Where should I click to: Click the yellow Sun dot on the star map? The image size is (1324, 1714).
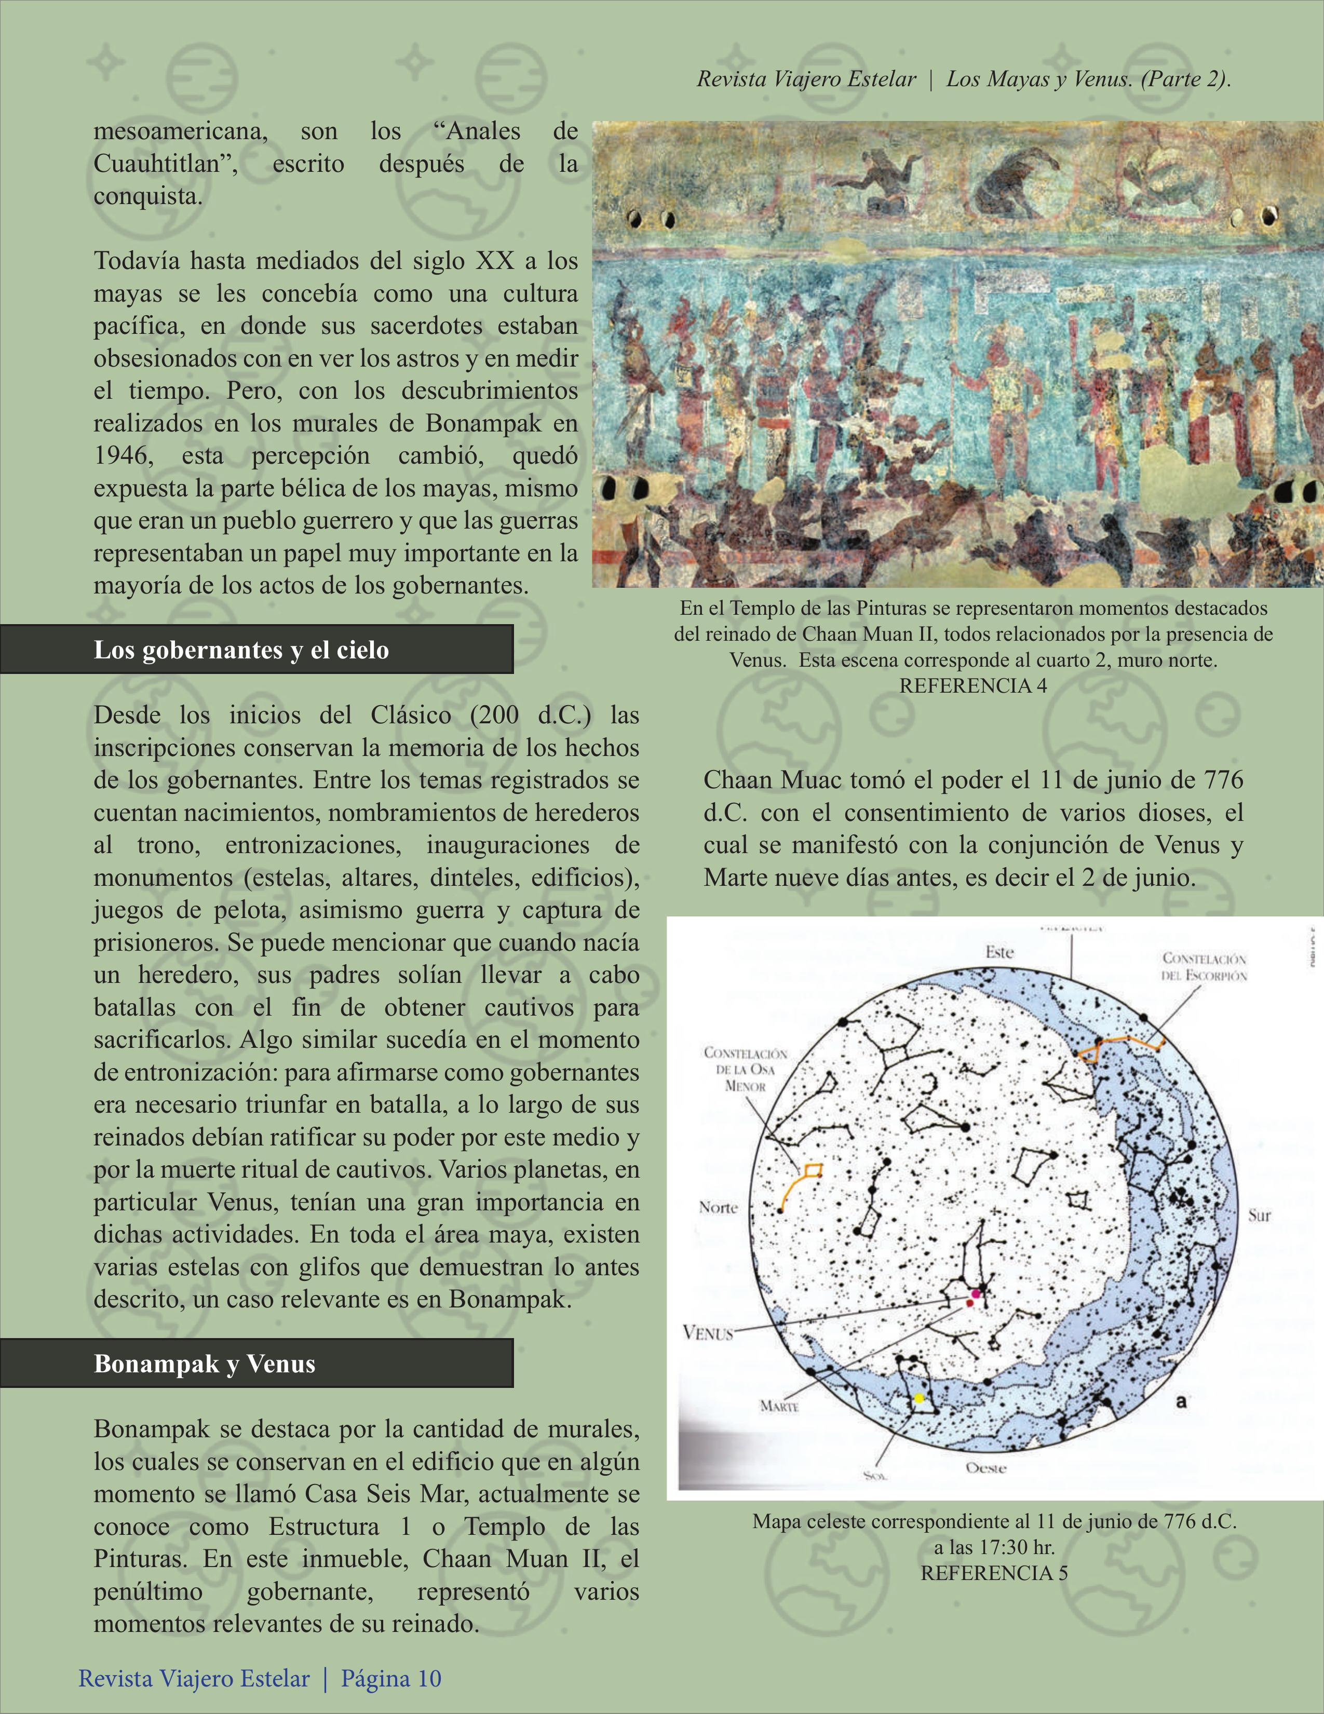tap(919, 1398)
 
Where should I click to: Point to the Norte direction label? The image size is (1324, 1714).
tap(718, 1207)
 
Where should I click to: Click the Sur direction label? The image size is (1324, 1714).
tap(1260, 1216)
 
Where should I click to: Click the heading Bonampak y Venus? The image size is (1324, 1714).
tap(205, 1363)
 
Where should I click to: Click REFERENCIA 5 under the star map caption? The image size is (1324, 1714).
tap(994, 1573)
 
